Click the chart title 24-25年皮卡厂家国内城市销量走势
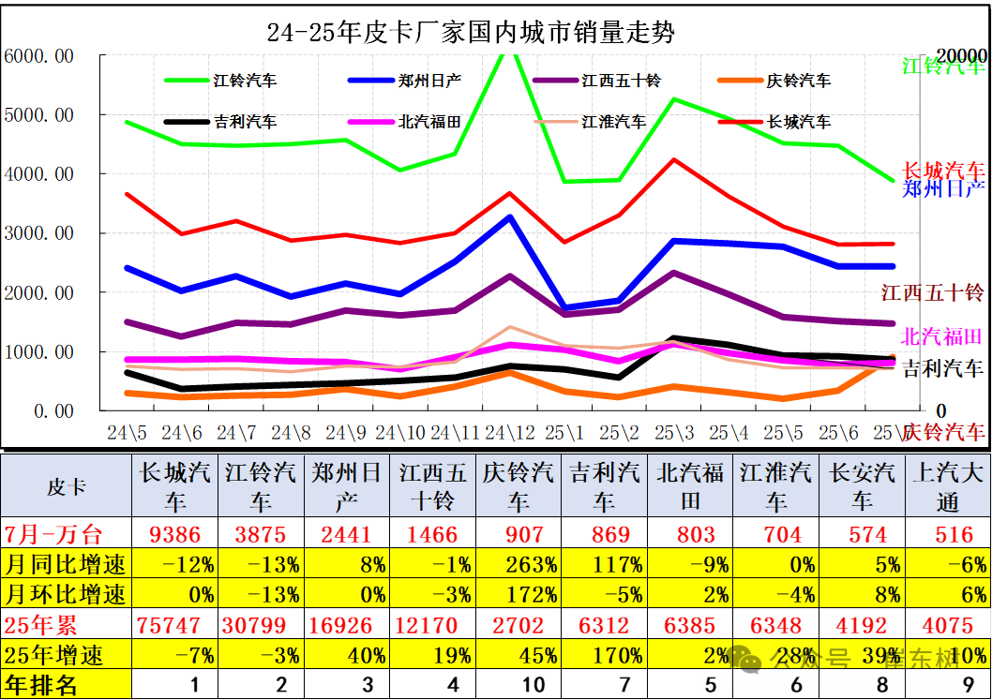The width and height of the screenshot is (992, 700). click(471, 32)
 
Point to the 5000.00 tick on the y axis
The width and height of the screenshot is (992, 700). click(39, 115)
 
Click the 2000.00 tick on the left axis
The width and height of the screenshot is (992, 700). click(39, 293)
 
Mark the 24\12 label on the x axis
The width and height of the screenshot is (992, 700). click(510, 433)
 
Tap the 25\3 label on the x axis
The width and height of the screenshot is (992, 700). click(674, 433)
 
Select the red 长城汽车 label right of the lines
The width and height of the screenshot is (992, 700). click(943, 171)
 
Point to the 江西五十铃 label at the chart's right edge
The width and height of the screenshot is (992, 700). click(932, 293)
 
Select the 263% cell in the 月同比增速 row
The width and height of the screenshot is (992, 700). click(518, 565)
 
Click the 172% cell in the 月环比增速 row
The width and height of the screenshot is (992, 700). click(518, 594)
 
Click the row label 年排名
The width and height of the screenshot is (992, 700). click(41, 685)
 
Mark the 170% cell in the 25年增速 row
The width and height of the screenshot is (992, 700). click(605, 654)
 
